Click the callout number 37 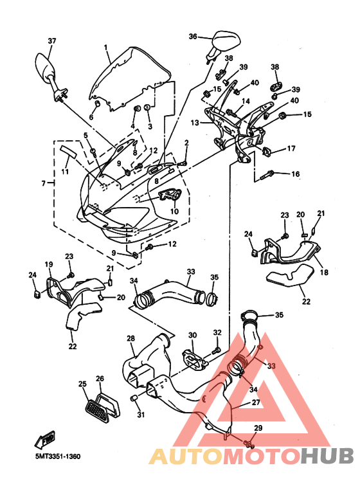(x=52, y=41)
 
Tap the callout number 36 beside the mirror (x=193, y=37)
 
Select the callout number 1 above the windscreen (x=105, y=48)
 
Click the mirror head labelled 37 (x=44, y=66)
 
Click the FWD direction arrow (x=45, y=440)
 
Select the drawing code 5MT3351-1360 (x=58, y=456)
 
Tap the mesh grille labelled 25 (x=96, y=410)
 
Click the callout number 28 (x=130, y=338)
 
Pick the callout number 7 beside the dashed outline (x=44, y=183)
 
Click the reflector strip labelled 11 (x=68, y=150)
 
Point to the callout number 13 (x=195, y=122)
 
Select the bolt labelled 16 (x=267, y=175)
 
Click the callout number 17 (x=291, y=149)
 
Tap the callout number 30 (x=193, y=335)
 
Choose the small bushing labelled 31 (x=134, y=398)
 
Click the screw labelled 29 (x=248, y=443)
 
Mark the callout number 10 (x=175, y=211)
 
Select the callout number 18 (x=324, y=272)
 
